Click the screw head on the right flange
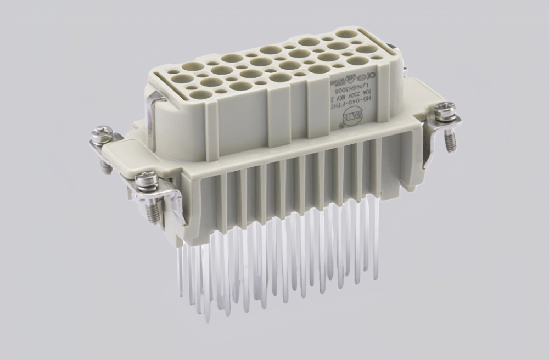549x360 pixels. coord(444,110)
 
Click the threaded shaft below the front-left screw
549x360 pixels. coord(153,211)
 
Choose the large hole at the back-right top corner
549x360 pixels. coord(346,34)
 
